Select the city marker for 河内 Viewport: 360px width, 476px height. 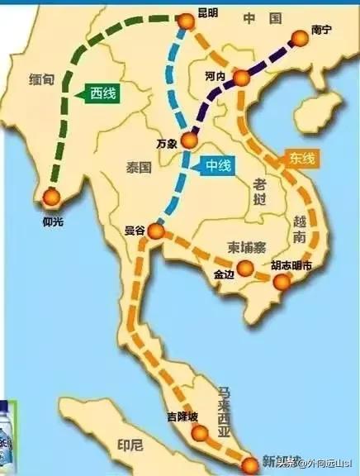241,79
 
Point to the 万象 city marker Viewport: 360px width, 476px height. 189,140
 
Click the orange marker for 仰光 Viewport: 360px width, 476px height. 51,197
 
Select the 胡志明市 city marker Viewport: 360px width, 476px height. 283,283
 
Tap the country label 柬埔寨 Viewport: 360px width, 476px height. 244,246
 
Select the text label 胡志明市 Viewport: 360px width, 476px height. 291,266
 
